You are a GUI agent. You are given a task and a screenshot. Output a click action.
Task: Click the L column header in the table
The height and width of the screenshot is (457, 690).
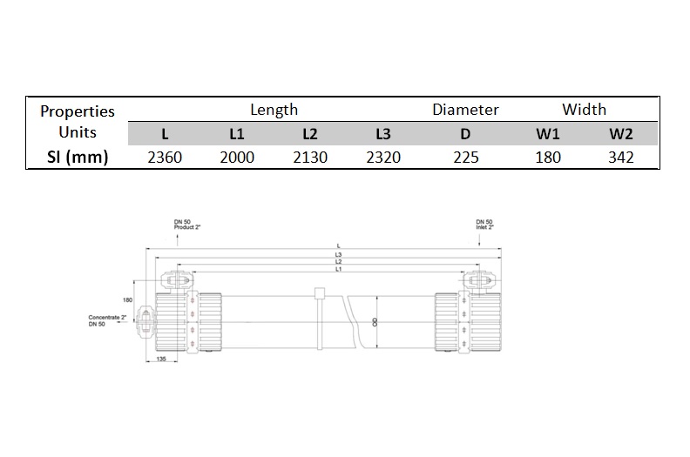pos(165,134)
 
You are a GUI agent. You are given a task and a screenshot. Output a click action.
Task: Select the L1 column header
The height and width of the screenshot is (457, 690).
pos(237,134)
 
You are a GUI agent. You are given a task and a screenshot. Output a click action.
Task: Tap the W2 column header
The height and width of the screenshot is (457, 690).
pos(620,134)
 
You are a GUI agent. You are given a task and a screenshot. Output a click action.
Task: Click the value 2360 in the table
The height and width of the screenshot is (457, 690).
pos(165,157)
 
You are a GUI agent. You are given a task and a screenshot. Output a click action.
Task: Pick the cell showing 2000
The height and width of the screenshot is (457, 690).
pos(237,157)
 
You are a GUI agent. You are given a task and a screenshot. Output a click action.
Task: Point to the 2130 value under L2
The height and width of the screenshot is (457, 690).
pos(310,157)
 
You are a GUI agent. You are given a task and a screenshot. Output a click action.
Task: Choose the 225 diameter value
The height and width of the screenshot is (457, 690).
pos(465,157)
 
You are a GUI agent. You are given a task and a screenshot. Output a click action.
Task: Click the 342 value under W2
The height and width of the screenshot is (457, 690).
pos(620,157)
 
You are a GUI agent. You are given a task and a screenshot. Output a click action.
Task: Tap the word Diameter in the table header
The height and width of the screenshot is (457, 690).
pos(465,110)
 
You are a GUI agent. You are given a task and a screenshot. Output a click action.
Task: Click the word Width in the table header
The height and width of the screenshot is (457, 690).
pos(584,110)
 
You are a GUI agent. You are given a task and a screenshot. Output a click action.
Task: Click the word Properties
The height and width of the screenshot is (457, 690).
pos(77,111)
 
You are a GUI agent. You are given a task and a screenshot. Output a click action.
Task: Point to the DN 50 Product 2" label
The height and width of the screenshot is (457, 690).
pos(187,225)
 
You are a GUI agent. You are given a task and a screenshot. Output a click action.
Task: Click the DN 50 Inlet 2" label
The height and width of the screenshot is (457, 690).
pos(484,225)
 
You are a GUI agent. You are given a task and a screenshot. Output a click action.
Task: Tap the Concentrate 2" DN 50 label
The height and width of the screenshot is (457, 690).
pos(108,320)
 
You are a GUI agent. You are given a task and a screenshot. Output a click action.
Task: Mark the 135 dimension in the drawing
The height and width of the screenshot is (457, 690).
pos(161,358)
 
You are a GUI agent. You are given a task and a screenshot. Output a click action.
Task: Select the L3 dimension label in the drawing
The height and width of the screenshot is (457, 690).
pos(337,254)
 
